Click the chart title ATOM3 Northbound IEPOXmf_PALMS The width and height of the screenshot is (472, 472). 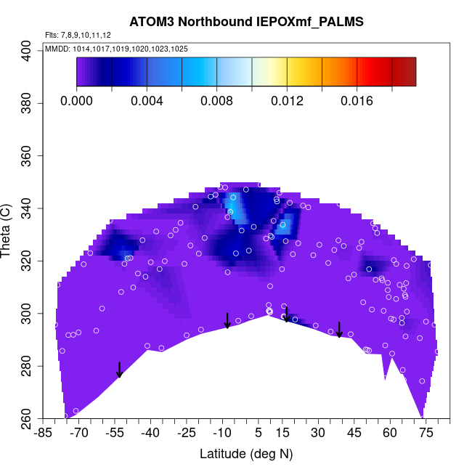[x=246, y=22]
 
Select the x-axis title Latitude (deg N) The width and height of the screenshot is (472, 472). [x=246, y=454]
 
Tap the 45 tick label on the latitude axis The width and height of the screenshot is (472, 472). [x=354, y=434]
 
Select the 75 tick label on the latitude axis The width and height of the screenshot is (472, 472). [x=426, y=434]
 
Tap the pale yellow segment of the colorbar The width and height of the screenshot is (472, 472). [x=269, y=72]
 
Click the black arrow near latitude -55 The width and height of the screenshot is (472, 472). [x=119, y=370]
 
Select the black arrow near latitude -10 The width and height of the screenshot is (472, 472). [x=227, y=320]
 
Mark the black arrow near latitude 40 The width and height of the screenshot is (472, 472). [x=339, y=330]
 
